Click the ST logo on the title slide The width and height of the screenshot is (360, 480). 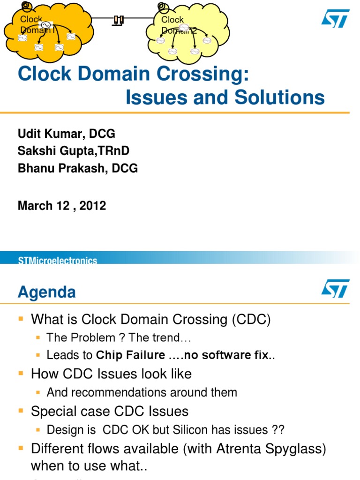(335, 18)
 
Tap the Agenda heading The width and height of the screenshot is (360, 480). (46, 292)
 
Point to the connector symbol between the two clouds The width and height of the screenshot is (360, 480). (118, 20)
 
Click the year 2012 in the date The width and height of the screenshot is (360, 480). (92, 205)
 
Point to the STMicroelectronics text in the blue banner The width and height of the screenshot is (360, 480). (58, 261)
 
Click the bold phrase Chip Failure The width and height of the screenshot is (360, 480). (130, 355)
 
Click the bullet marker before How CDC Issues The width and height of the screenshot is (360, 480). (21, 373)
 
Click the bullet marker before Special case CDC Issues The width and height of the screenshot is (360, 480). (21, 411)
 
